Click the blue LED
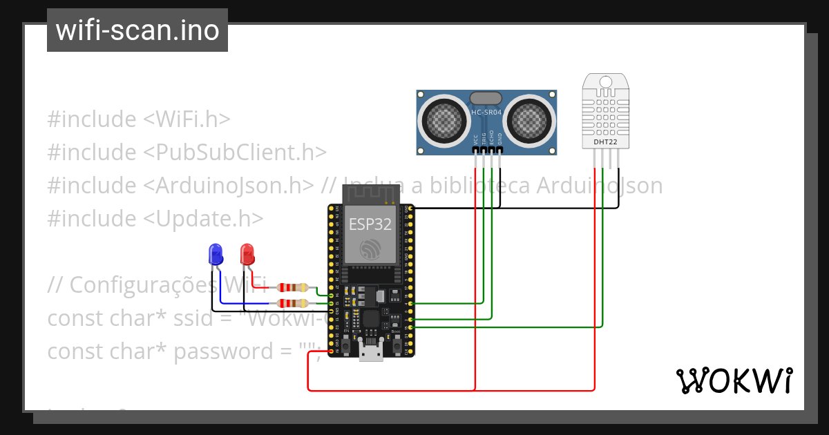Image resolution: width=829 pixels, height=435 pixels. pos(216,254)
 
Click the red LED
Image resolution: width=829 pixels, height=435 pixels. pos(247,254)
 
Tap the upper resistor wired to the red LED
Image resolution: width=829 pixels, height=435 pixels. pos(292,287)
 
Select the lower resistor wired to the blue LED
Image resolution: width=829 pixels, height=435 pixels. pos(292,303)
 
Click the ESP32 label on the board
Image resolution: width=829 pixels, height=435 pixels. pos(370,224)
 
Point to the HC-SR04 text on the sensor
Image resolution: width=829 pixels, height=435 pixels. pos(486,113)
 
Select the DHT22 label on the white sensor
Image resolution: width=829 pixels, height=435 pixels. pos(606,143)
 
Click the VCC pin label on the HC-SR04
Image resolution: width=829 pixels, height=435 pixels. pos(475,138)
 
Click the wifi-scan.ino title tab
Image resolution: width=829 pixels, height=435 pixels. pos(137,30)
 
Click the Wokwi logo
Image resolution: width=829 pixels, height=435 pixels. pos(734,381)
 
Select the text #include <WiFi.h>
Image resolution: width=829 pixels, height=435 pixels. pos(138,119)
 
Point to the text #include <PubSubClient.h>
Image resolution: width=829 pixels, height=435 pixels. pos(187,152)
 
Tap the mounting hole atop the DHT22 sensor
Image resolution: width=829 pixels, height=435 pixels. pos(606,82)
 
